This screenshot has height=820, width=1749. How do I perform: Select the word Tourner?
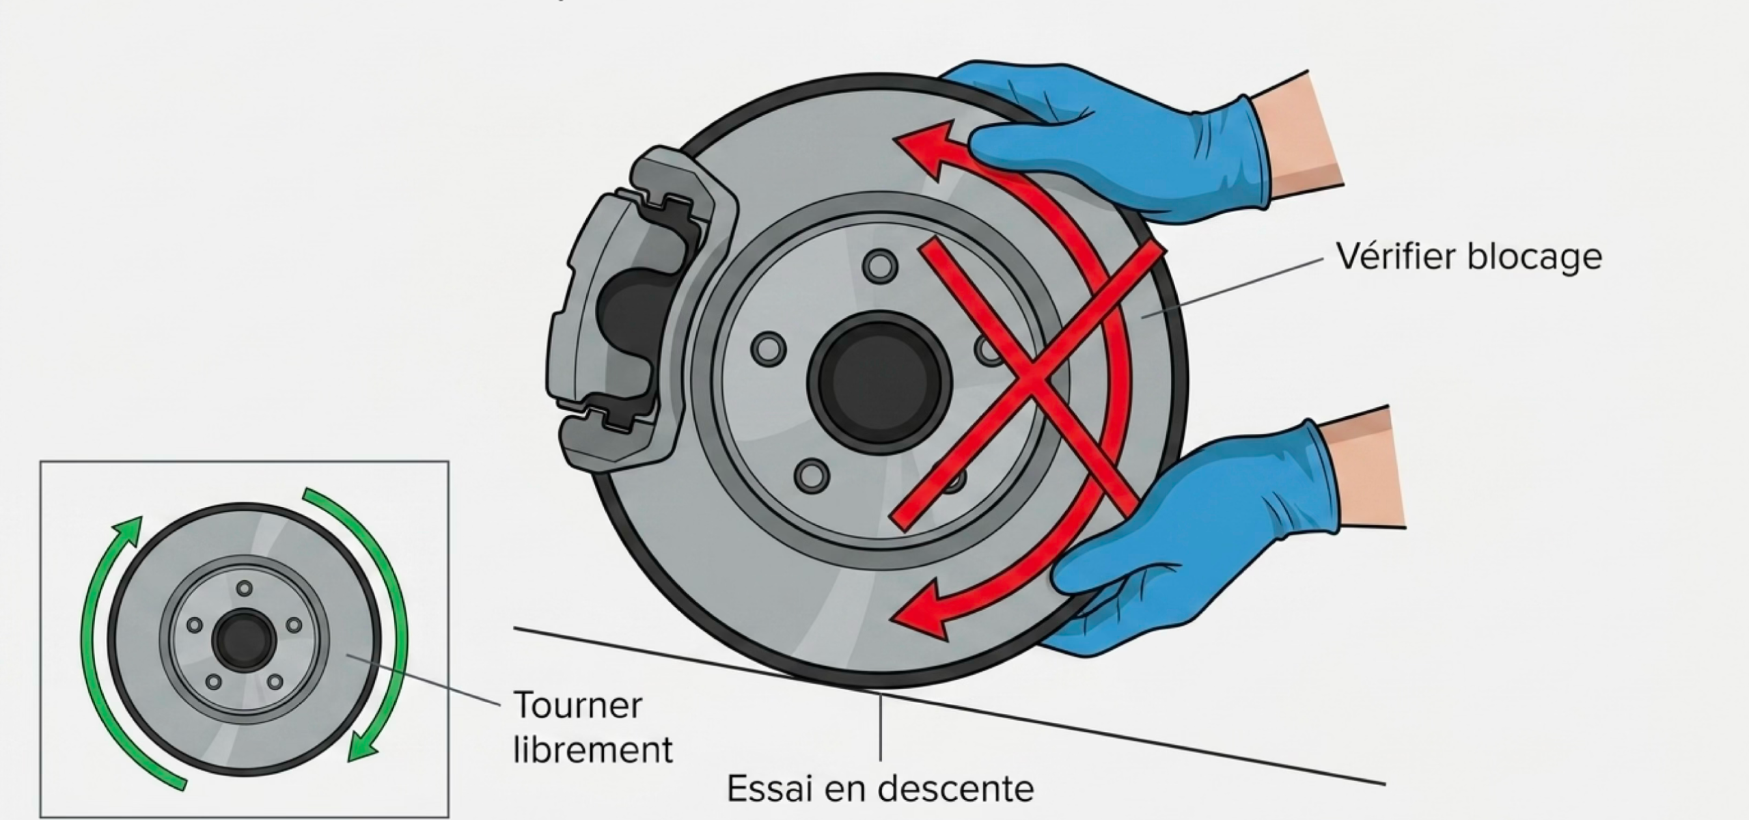click(x=577, y=705)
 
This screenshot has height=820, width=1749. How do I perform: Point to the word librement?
click(x=593, y=749)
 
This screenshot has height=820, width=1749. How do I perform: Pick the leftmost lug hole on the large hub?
click(x=769, y=348)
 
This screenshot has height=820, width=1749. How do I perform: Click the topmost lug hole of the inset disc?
click(x=244, y=588)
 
